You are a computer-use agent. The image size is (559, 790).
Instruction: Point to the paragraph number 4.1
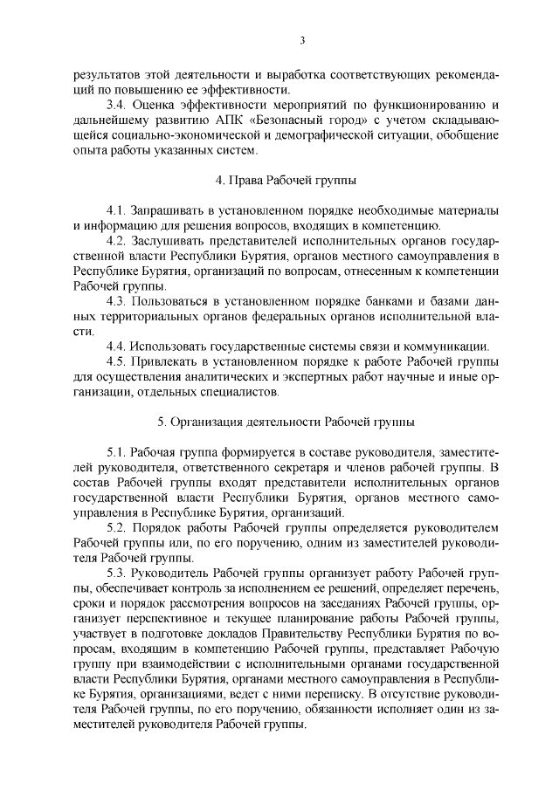116,211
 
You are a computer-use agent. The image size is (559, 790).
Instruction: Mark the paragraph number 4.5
116,361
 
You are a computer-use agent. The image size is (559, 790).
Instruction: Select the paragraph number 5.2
116,527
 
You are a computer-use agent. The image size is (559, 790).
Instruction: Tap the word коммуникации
450,347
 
